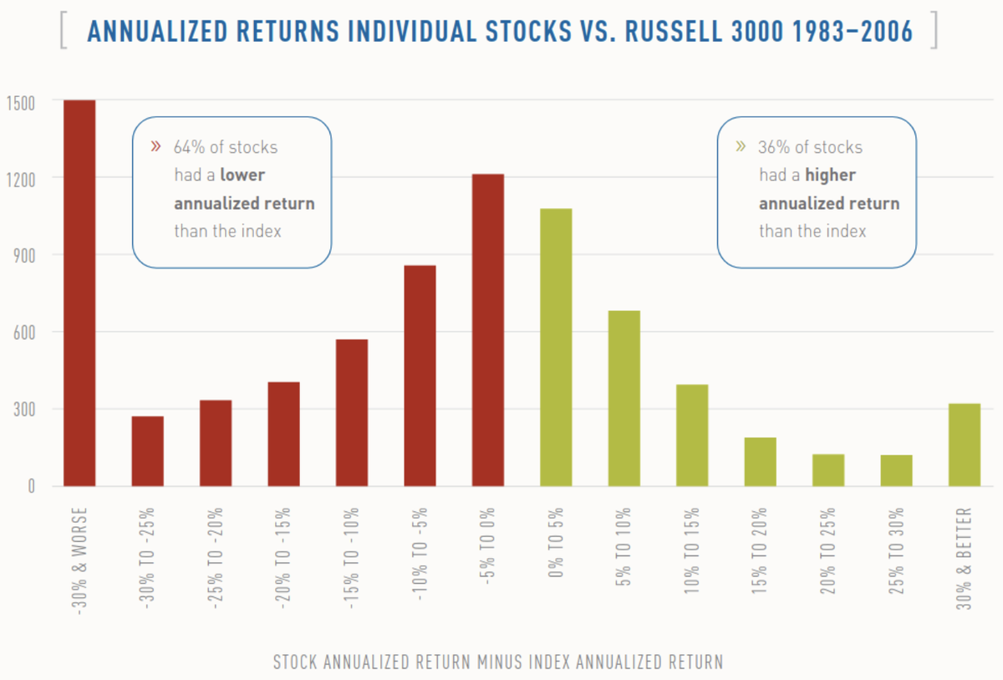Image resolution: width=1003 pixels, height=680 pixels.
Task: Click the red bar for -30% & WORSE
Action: [79, 293]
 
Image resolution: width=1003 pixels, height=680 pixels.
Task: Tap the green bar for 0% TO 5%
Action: [556, 347]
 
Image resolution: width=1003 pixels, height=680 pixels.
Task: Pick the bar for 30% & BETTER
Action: [965, 445]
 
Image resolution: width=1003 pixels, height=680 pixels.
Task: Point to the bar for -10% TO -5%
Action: [420, 376]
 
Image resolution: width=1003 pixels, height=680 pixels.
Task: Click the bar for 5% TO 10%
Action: [624, 398]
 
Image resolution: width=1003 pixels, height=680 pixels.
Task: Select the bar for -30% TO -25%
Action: [147, 451]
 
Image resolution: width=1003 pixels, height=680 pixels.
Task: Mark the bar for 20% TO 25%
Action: [828, 470]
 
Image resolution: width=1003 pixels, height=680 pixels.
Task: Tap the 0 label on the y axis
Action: [32, 487]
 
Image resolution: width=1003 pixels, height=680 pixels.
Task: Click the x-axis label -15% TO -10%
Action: [352, 557]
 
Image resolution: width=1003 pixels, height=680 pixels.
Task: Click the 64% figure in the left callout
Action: [190, 147]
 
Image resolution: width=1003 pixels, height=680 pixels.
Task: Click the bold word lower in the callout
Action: [242, 176]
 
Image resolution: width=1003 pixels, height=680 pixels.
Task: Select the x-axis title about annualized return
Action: [497, 662]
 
